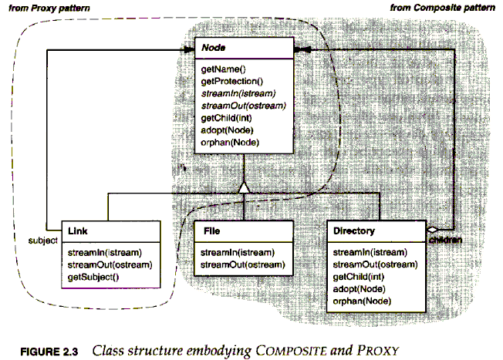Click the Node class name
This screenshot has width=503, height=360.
point(213,49)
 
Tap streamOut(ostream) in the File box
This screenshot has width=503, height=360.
point(237,264)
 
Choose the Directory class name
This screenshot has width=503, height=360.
point(354,230)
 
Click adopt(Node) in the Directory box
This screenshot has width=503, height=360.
point(357,288)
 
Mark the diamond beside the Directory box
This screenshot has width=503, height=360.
point(433,230)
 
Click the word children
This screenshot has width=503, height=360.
point(446,241)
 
